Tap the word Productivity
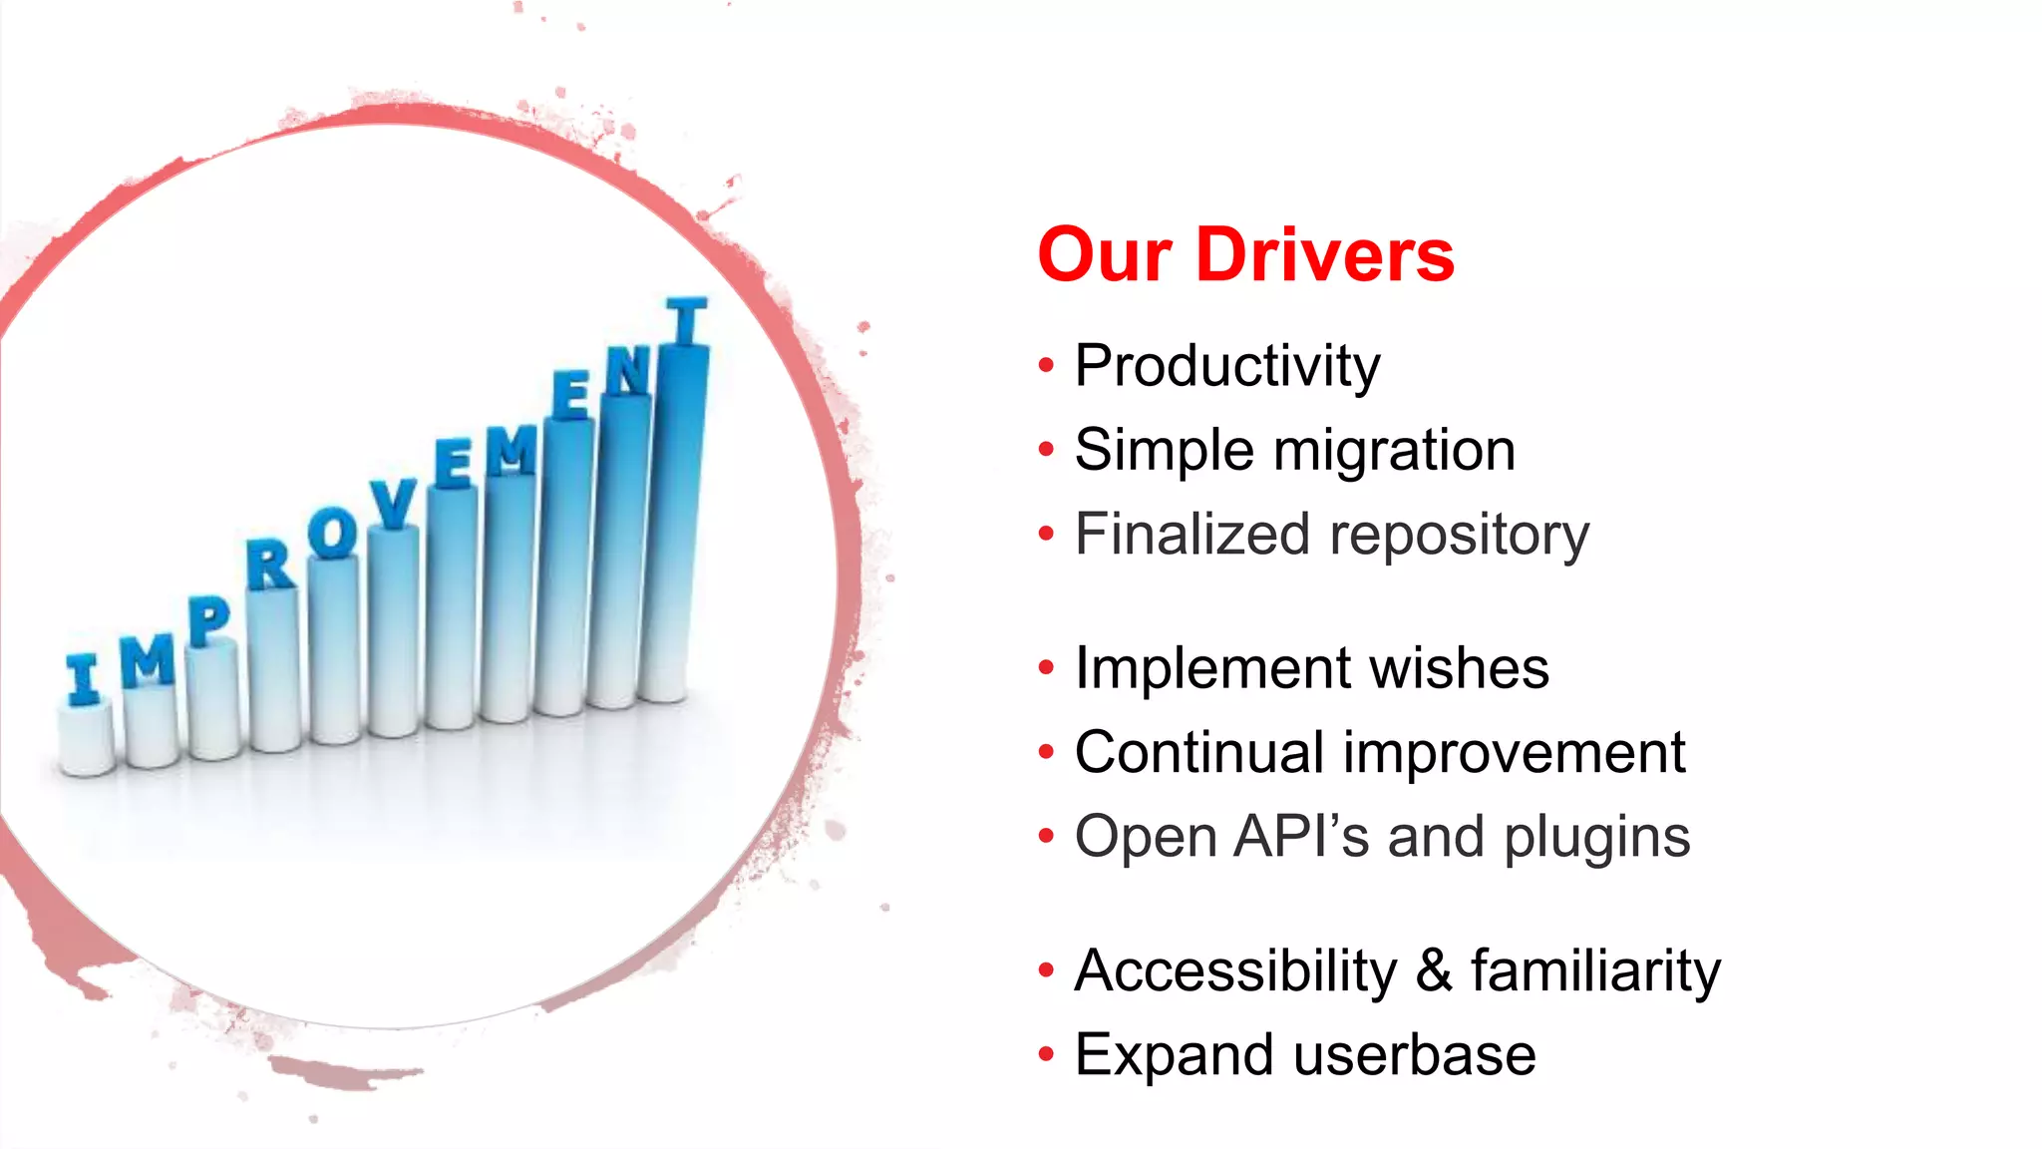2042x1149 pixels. click(1226, 366)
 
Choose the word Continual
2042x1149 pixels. click(1198, 752)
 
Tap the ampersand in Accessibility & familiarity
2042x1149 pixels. click(1433, 970)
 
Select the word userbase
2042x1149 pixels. click(1414, 1055)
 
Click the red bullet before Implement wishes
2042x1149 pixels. click(1045, 667)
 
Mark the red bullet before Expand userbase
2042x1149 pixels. click(1045, 1054)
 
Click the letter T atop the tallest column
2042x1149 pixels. click(686, 320)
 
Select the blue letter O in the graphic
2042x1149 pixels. click(332, 533)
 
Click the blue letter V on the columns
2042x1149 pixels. click(393, 503)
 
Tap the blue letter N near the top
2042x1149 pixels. click(628, 371)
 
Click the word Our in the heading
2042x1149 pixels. click(1104, 255)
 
